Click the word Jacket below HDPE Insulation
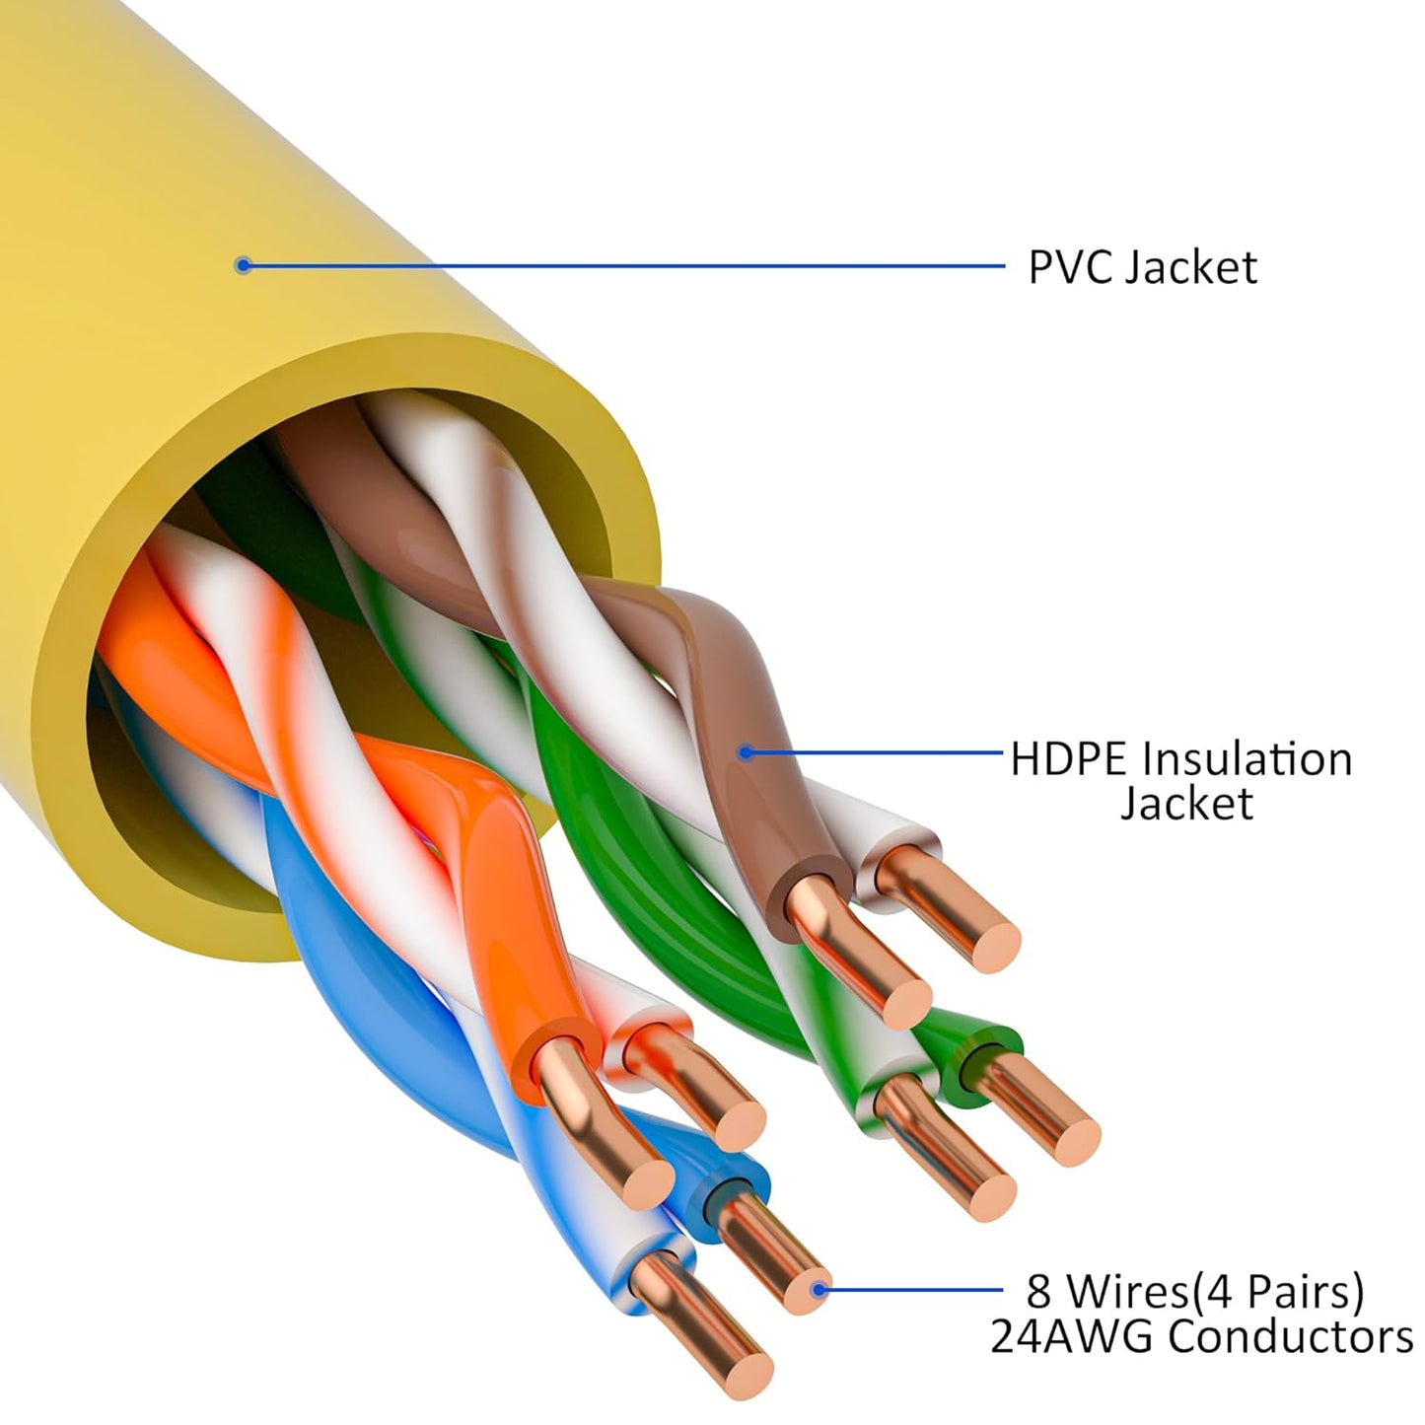coord(1186,804)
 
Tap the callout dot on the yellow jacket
coord(244,264)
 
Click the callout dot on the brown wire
coord(747,752)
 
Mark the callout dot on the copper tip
coord(818,1288)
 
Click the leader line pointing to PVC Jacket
coord(621,264)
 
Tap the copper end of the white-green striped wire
coord(986,1193)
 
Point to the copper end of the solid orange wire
coord(645,1178)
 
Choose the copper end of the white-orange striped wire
coord(736,1124)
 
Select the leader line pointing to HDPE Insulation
coord(878,752)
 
